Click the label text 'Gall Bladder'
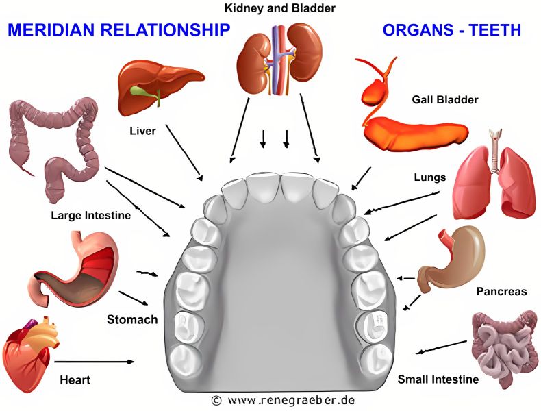click(x=444, y=100)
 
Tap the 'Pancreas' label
click(x=501, y=292)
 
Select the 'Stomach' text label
click(x=132, y=320)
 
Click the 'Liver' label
click(x=142, y=131)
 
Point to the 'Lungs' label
click(x=429, y=177)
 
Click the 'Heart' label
click(x=75, y=379)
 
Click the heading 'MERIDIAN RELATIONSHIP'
click(x=118, y=30)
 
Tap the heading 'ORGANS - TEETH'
click(x=451, y=30)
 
